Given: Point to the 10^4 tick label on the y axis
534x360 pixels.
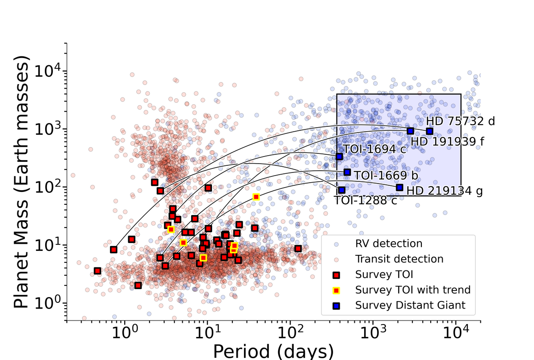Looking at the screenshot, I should pyautogui.click(x=50, y=71).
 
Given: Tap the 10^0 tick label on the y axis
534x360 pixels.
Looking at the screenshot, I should pyautogui.click(x=50, y=303).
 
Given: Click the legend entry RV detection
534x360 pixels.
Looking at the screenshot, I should pyautogui.click(x=389, y=243).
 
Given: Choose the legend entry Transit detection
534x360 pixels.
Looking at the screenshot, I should pyautogui.click(x=399, y=259).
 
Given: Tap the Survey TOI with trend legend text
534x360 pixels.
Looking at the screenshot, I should pyautogui.click(x=412, y=290).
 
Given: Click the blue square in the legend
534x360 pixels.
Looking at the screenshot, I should pyautogui.click(x=336, y=305).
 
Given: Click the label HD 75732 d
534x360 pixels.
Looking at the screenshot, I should pyautogui.click(x=460, y=121).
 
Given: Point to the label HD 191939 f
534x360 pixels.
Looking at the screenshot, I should pyautogui.click(x=446, y=141).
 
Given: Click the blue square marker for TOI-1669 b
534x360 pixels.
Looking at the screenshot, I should pyautogui.click(x=347, y=172).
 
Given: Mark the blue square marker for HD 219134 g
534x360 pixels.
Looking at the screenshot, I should pyautogui.click(x=399, y=188).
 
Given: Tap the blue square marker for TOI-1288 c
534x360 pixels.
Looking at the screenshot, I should pyautogui.click(x=342, y=190).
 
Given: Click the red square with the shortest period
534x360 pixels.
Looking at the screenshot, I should pyautogui.click(x=98, y=270).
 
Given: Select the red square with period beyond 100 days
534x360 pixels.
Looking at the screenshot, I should pyautogui.click(x=298, y=248).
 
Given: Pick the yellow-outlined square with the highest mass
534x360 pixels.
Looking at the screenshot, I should pyautogui.click(x=256, y=197).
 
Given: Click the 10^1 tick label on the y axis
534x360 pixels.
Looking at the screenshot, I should pyautogui.click(x=50, y=245).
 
